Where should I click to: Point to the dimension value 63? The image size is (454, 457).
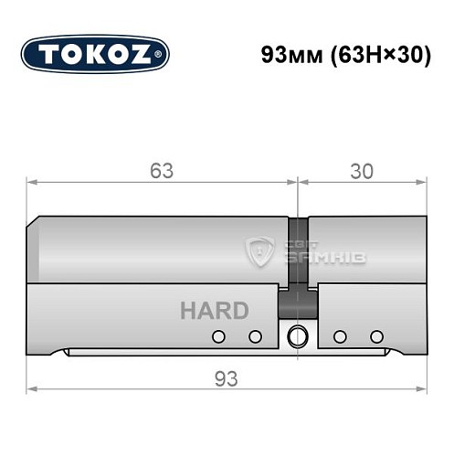(163, 171)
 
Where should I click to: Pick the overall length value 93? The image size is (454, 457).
(227, 377)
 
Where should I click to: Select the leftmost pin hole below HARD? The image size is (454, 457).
(217, 336)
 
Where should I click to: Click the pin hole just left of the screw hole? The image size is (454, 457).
(256, 336)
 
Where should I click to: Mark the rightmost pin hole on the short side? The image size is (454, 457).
(375, 336)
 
